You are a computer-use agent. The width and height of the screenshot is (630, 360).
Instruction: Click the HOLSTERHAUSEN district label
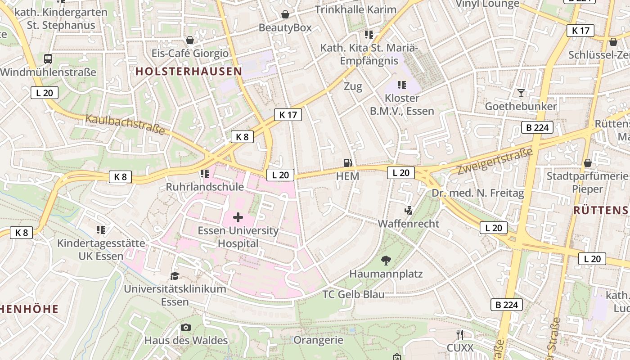coord(189,71)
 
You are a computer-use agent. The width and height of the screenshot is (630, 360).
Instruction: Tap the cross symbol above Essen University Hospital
coord(238,218)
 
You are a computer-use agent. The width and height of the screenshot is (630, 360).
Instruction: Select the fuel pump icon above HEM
coord(347,163)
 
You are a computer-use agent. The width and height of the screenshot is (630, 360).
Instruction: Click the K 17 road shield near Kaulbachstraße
coord(288,114)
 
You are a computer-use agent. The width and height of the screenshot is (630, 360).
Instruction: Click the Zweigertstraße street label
coord(495,161)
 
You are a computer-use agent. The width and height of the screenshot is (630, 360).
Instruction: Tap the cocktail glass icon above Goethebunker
coord(521,93)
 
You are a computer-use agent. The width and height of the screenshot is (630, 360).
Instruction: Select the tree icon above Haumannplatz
coord(386,260)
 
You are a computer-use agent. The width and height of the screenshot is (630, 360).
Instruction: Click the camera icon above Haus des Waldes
coord(185,327)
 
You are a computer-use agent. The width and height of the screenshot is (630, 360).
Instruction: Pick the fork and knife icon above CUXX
coord(459,334)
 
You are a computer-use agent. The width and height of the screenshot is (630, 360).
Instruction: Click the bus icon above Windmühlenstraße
coord(48,58)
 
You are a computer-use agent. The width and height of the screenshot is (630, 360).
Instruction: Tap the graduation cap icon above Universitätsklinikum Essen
coord(175,275)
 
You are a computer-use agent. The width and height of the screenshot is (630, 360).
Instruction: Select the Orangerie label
coord(318,340)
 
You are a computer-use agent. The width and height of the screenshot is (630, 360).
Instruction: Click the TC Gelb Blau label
coord(354,294)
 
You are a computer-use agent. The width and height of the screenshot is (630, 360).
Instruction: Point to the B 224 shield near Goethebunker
coord(537,127)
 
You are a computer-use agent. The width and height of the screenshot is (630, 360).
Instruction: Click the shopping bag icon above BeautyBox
coord(285,14)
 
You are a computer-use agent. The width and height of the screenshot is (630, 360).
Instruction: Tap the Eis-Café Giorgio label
coord(190,54)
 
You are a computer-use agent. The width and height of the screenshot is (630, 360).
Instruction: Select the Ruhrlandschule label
coord(205,187)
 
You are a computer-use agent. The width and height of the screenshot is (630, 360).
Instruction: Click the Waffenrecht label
coord(408,224)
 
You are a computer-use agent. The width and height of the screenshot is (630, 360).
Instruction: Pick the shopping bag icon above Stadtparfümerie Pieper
coord(587,162)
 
